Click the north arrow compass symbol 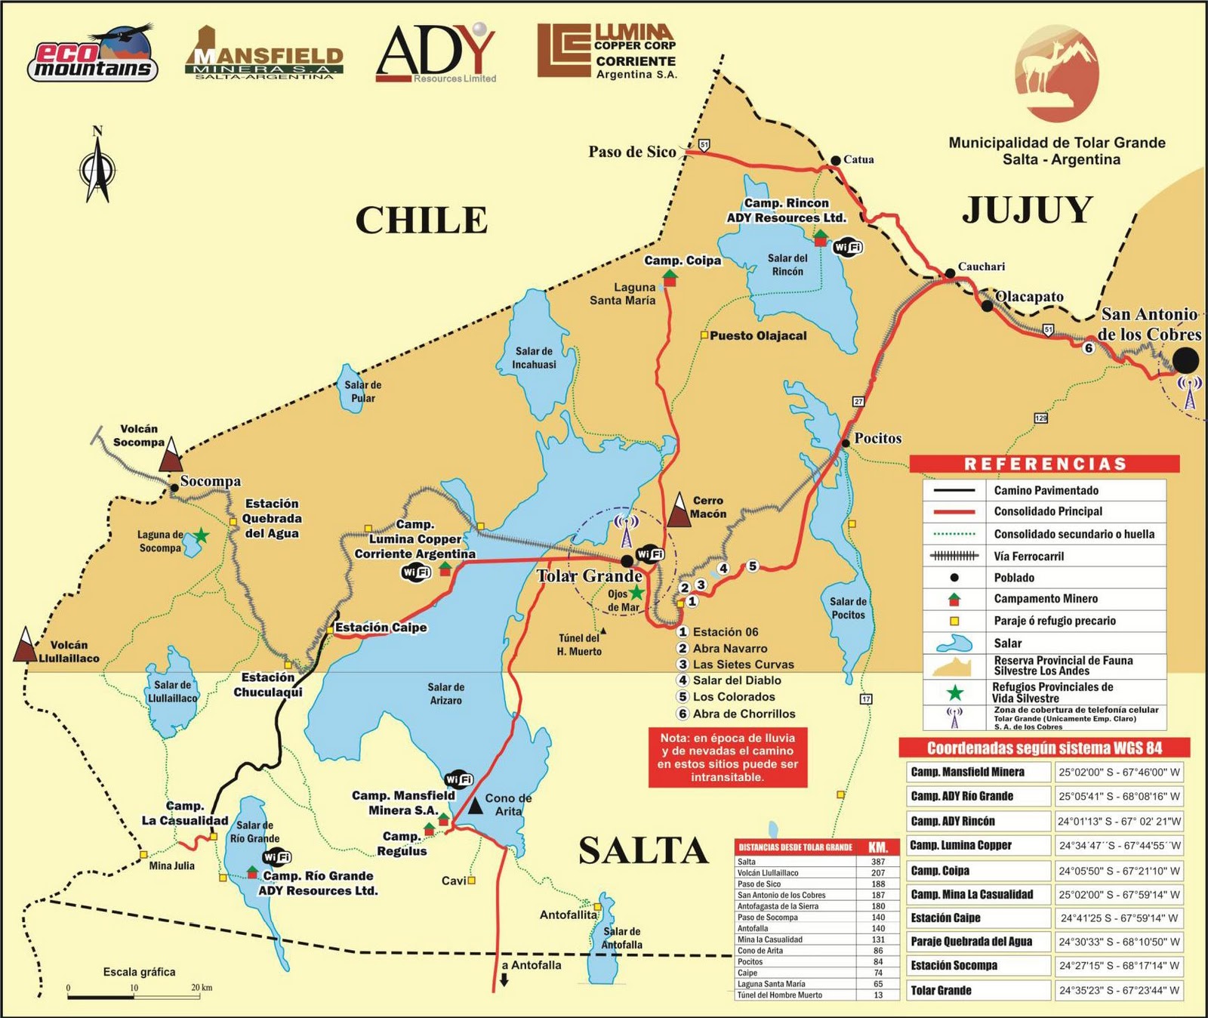(x=97, y=167)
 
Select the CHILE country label (x=421, y=221)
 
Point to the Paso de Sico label (x=632, y=152)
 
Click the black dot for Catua (x=836, y=160)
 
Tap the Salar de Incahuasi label (x=534, y=357)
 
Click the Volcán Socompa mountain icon (x=171, y=455)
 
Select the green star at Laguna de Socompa (x=201, y=535)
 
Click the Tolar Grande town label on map (x=588, y=576)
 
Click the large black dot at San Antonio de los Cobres (x=1185, y=360)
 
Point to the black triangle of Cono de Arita (x=475, y=806)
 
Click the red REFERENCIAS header (x=1044, y=464)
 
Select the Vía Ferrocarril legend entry (x=1028, y=556)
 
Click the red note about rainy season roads (x=727, y=757)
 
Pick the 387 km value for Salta (x=877, y=862)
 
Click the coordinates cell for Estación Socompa (x=1119, y=965)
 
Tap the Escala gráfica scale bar (x=139, y=997)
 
